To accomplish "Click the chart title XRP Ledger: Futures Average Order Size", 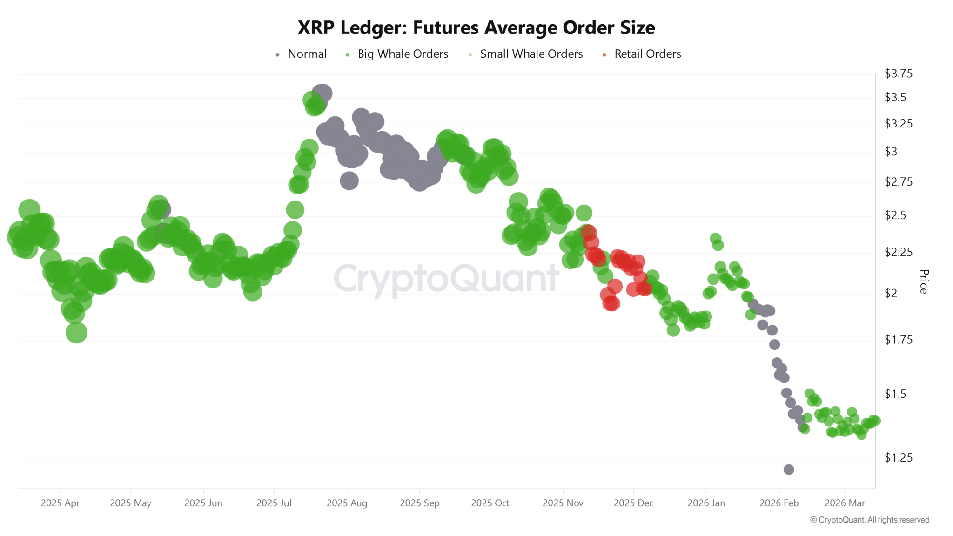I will [476, 28].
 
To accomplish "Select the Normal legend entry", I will [307, 54].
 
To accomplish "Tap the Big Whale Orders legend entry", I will [403, 54].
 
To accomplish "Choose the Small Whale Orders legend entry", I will [531, 54].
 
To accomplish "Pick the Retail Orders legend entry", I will [647, 54].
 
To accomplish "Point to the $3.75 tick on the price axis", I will [898, 74].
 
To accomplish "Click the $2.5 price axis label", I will [895, 215].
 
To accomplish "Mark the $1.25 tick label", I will [898, 458].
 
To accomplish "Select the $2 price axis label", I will [891, 294].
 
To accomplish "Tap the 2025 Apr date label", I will [60, 503].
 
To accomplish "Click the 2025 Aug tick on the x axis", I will [347, 503].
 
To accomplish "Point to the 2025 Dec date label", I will [633, 503].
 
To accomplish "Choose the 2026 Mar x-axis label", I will [845, 503].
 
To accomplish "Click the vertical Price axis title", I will [924, 281].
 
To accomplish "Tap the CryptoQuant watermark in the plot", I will [446, 278].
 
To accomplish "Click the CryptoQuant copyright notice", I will [869, 520].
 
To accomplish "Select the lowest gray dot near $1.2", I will [789, 469].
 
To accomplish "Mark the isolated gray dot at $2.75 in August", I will [349, 181].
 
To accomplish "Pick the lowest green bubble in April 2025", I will [76, 333].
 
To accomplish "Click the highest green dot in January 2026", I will [715, 239].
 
